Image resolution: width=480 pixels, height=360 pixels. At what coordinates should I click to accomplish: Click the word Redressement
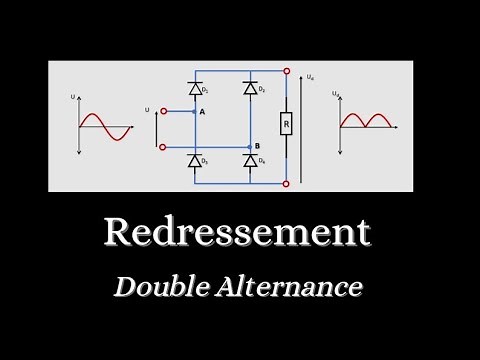(x=237, y=232)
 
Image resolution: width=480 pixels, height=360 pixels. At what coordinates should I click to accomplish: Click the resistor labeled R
(x=286, y=125)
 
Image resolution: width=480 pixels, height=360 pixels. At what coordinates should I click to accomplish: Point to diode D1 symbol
(x=193, y=89)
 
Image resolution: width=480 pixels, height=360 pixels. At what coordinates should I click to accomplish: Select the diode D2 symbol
(x=249, y=89)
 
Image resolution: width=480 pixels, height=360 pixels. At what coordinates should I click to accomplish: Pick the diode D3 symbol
(x=193, y=160)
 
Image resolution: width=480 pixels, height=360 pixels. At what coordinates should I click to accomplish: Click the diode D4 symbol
(x=249, y=160)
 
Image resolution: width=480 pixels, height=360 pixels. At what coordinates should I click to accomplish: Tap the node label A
(x=202, y=112)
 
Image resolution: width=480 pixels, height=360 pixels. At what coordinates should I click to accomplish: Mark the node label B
(x=257, y=145)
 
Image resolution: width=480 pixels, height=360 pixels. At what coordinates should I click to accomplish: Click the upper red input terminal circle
(x=163, y=112)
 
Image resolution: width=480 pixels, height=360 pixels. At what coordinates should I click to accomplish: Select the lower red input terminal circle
(x=163, y=146)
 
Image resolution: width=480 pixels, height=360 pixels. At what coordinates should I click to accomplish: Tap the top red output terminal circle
(x=287, y=72)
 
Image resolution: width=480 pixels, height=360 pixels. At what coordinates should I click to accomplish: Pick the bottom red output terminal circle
(x=287, y=183)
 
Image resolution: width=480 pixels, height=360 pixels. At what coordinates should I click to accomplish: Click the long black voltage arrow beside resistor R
(x=302, y=127)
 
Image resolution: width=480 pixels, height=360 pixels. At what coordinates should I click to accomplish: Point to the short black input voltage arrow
(x=154, y=129)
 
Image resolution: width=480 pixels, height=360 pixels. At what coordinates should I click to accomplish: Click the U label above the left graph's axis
(x=74, y=96)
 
